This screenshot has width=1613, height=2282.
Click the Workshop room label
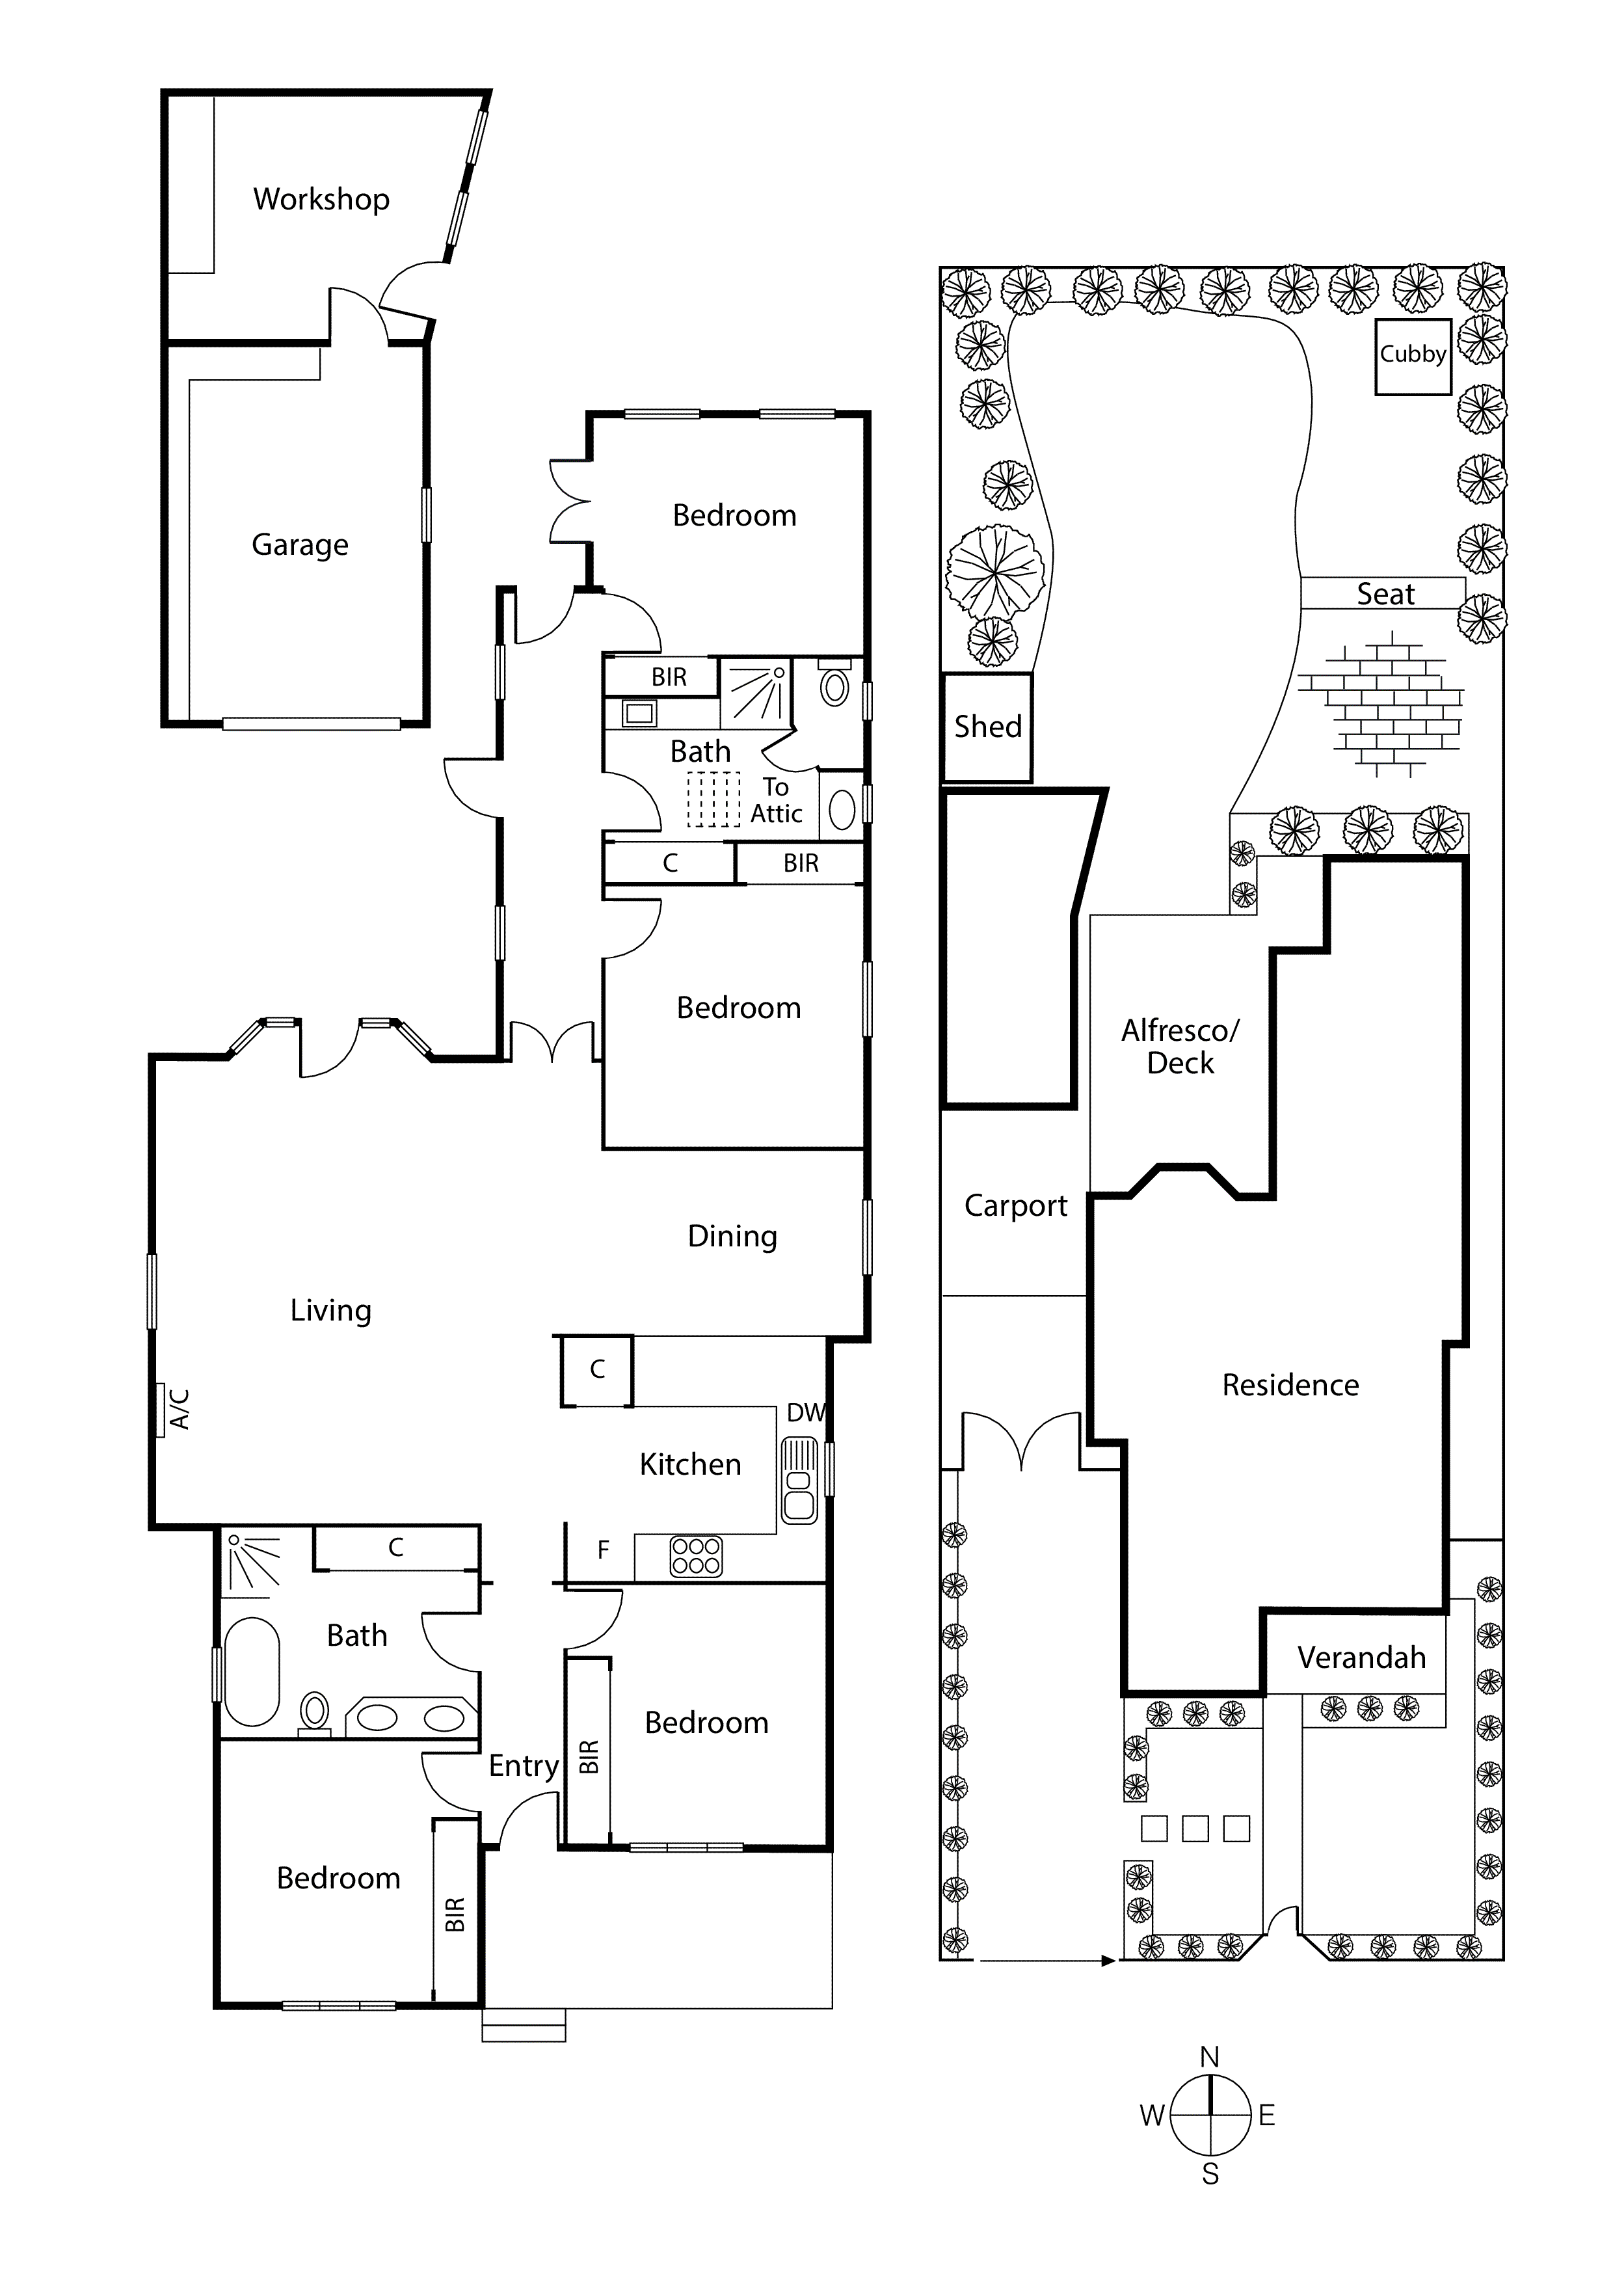coord(321,199)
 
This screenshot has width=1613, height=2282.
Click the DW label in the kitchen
coord(806,1412)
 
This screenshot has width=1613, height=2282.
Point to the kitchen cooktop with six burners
coord(696,1557)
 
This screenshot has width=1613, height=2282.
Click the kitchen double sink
coord(799,1481)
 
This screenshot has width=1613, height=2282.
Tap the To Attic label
coord(776,800)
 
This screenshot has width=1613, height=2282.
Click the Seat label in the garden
coord(1385,595)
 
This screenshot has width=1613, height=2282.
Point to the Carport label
coord(1015,1205)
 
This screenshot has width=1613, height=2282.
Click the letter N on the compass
coord(1210,2058)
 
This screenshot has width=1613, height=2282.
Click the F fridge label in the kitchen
coord(602,1550)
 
